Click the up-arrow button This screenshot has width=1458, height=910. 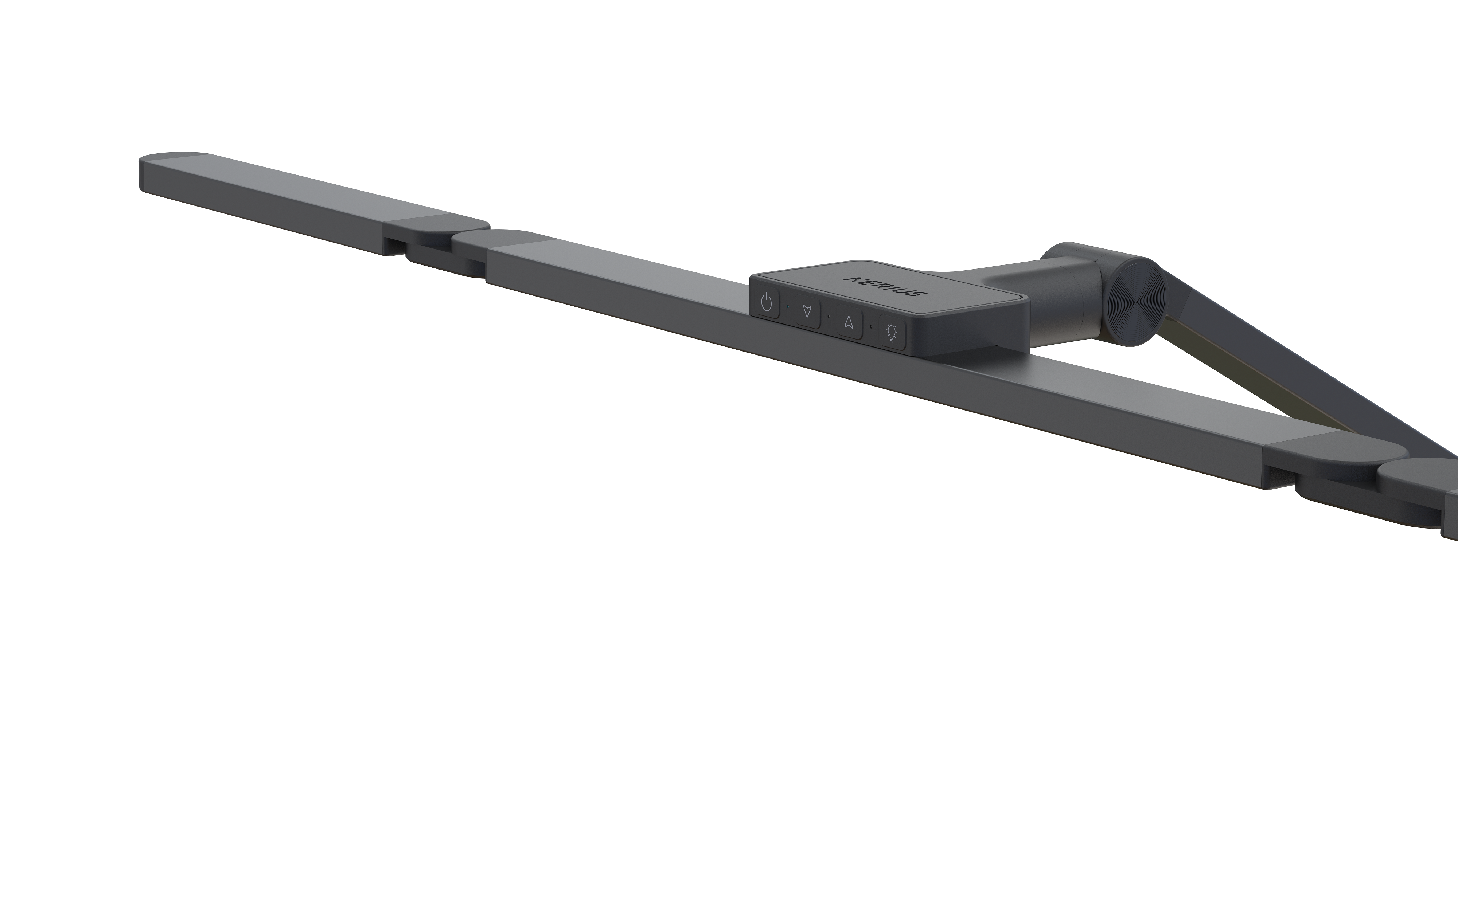(849, 323)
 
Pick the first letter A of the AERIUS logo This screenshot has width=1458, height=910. (853, 279)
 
